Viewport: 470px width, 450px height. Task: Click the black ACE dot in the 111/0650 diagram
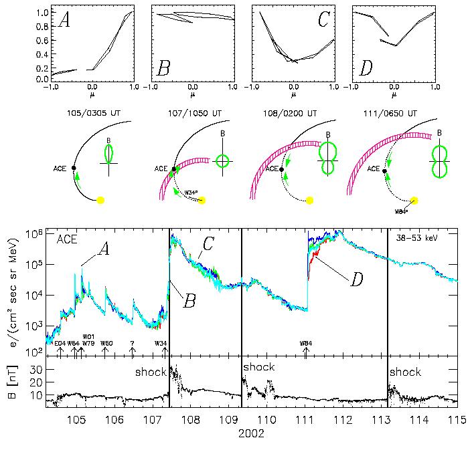384,171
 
